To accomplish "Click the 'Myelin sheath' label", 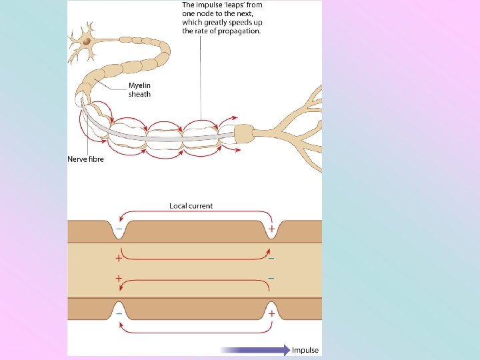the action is (139, 90).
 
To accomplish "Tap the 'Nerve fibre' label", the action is (86, 159).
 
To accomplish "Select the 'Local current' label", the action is (191, 206).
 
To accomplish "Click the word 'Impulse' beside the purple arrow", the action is (305, 350).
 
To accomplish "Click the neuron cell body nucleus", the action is (86, 41).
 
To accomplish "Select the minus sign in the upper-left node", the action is (119, 229).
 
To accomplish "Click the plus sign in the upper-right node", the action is (271, 229).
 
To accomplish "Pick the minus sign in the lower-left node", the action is (119, 312).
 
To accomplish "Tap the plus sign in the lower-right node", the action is (271, 312).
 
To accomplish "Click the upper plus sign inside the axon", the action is (119, 257).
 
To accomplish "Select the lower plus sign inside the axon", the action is (119, 279).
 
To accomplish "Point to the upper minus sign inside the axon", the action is (271, 257).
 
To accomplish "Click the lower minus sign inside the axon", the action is (271, 277).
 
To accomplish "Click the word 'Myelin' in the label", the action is (139, 86).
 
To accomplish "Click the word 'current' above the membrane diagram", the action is (201, 206).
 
